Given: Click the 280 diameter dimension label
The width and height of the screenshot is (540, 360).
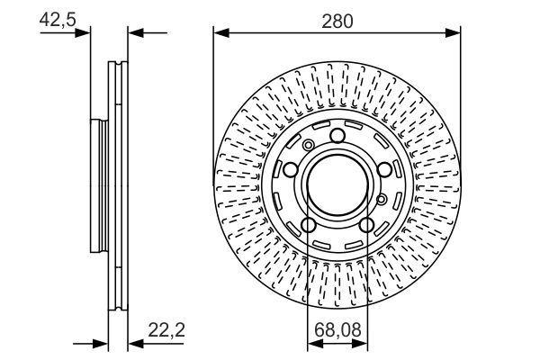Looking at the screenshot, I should tap(337, 20).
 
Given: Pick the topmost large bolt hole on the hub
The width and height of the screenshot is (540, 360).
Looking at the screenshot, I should tap(337, 136).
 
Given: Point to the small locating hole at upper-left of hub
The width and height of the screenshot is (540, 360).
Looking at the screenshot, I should tap(309, 146).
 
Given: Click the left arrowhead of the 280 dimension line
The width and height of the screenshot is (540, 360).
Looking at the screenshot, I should tap(219, 34).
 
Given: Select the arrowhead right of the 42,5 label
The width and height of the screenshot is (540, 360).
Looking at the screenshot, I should tap(86, 34).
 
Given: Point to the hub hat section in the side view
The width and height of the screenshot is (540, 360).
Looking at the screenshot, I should tap(99, 184).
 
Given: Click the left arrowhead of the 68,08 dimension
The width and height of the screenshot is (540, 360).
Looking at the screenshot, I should tap(310, 343).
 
